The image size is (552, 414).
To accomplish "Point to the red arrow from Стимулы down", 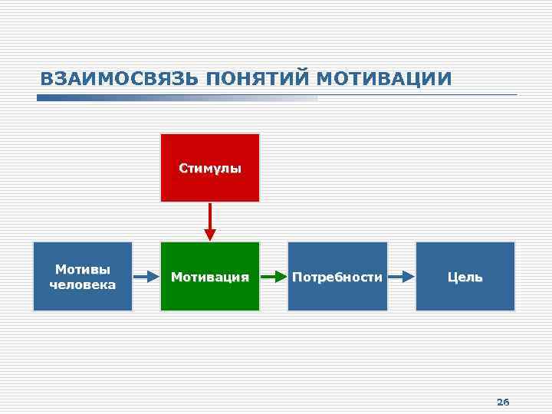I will coord(210,222).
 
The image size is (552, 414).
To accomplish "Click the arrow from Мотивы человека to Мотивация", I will coord(146,277).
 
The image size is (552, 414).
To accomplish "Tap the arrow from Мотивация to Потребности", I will coord(274,277).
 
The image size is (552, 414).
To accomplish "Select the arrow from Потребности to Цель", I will coord(401,277).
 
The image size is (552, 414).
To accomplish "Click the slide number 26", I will coord(503,402).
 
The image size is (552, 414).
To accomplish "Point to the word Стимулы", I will coord(210,168).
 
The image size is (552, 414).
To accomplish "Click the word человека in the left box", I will coord(83,284).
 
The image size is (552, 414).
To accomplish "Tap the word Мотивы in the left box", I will coord(83,269).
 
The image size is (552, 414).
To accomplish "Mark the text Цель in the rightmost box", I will coord(465,277).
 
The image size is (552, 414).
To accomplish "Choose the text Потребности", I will coord(337,277).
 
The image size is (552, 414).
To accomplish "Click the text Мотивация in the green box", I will coord(210,277).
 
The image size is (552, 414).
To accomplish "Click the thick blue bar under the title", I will coord(176,98).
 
